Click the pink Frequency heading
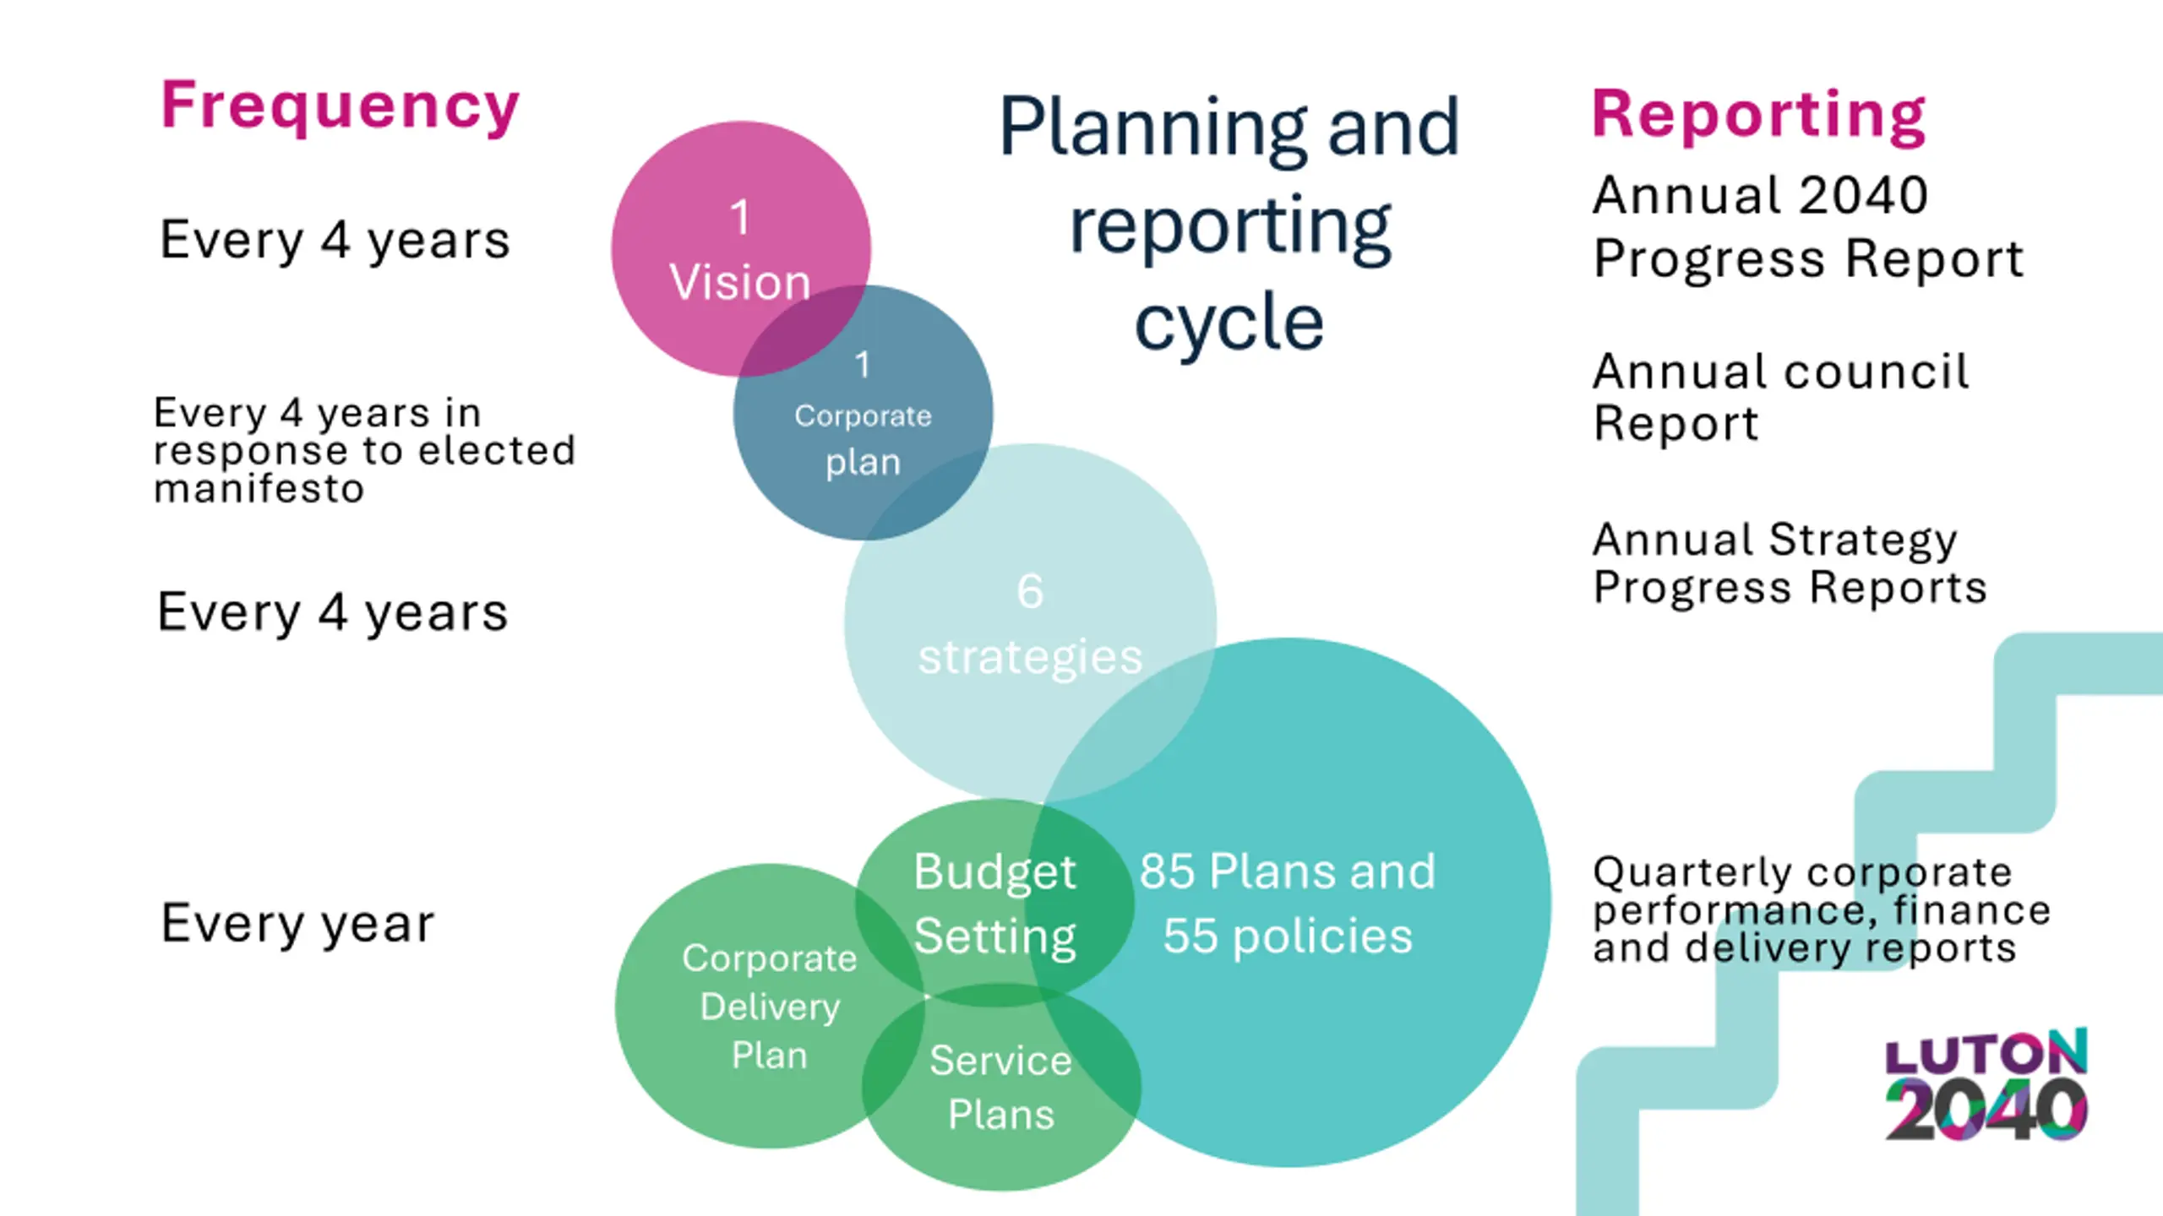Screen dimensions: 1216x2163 tap(340, 107)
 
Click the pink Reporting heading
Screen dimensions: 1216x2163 tap(1758, 116)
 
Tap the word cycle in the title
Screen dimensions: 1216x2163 tap(1229, 323)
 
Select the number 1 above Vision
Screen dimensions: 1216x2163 tap(740, 218)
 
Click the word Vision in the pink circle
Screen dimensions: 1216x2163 tap(740, 282)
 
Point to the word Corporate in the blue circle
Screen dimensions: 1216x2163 tap(863, 415)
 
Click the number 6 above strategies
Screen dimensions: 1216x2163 tap(1029, 591)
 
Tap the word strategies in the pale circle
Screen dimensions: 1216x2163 tap(1030, 657)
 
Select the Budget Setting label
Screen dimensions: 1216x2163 tap(994, 904)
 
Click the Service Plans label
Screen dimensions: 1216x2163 tap(1000, 1087)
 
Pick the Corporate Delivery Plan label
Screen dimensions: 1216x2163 tap(769, 1007)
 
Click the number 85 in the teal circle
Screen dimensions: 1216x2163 tap(1167, 871)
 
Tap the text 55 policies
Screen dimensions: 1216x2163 tap(1287, 936)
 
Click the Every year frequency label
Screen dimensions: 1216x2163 tap(297, 924)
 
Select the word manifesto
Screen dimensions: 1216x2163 tap(259, 489)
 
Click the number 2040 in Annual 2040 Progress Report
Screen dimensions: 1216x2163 tap(1863, 196)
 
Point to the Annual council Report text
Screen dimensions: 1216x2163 tap(1780, 397)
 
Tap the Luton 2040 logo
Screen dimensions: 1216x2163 tap(1986, 1085)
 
